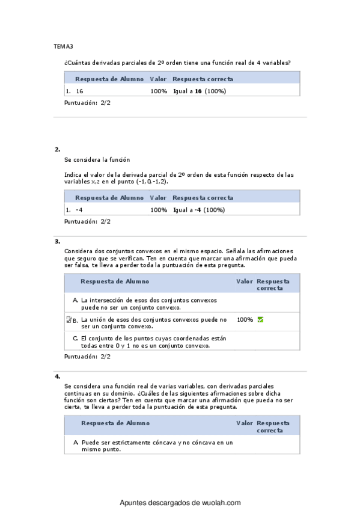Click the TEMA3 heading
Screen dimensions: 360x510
coord(63,46)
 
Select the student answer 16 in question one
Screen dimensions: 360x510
coord(80,91)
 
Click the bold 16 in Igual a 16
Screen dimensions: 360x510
coord(198,91)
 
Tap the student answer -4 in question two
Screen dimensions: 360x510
coord(79,210)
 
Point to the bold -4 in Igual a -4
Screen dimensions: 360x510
coord(198,210)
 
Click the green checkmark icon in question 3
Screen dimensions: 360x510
coord(260,319)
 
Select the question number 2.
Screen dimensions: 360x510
coord(57,149)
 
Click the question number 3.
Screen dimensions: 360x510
coord(57,241)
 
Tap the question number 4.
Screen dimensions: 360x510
coord(57,376)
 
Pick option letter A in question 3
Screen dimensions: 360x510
coord(75,300)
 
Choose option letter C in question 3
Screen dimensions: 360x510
coord(75,338)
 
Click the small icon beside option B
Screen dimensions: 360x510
coord(69,319)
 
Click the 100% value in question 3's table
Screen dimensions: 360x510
coord(245,319)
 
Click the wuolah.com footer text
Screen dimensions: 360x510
coord(180,503)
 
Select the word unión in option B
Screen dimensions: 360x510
coord(99,319)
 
